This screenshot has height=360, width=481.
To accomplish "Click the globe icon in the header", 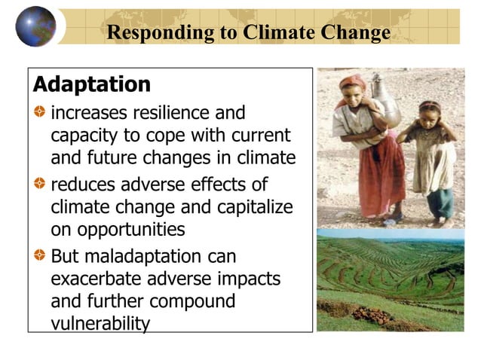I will click(x=35, y=26).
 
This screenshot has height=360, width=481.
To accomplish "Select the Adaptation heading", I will click(x=92, y=84).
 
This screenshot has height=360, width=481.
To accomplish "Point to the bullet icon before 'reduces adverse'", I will click(x=39, y=185).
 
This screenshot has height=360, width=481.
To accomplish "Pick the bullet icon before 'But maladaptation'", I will click(x=39, y=256).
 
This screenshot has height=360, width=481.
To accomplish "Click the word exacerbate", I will click(x=96, y=279).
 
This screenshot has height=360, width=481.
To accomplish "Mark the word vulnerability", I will click(x=100, y=323).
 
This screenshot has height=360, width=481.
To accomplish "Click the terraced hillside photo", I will click(x=390, y=281).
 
